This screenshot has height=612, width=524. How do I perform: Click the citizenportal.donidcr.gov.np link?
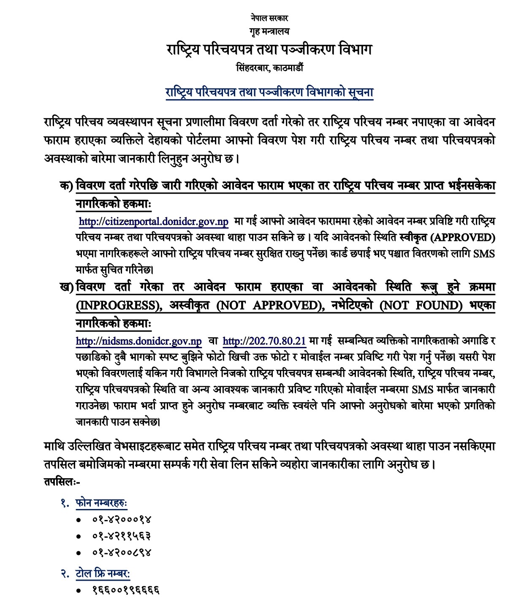point(154,222)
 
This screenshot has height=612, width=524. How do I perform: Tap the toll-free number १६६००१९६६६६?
point(126,590)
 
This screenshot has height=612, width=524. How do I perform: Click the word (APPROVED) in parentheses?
point(463,238)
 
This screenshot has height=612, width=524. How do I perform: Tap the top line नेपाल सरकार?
point(269,18)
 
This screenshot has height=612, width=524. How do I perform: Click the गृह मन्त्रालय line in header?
point(269,32)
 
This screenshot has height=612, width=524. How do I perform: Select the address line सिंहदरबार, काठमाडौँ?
point(269,68)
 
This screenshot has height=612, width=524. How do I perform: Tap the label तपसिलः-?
point(62,482)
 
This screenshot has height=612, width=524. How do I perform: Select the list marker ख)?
point(66,287)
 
